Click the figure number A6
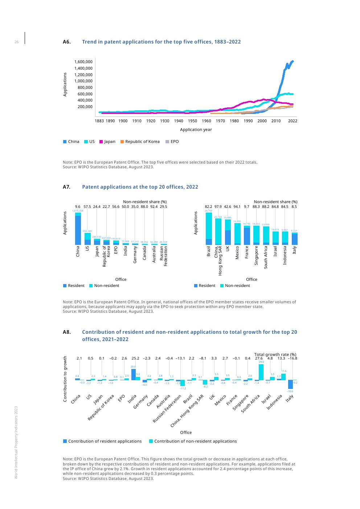(66, 42)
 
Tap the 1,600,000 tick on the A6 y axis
(83, 62)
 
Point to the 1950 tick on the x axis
(192, 121)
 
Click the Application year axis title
(196, 130)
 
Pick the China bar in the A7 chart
(78, 229)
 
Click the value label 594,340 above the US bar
(87, 231)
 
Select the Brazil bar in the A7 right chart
(209, 229)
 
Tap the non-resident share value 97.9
(218, 207)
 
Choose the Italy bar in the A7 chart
(294, 239)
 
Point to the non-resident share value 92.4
(154, 207)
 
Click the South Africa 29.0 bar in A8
(261, 372)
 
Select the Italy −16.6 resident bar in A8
(290, 384)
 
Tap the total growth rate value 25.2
(135, 358)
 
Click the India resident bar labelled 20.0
(133, 374)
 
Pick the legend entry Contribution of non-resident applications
(193, 441)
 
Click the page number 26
(16, 42)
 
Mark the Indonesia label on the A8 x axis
(275, 402)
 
